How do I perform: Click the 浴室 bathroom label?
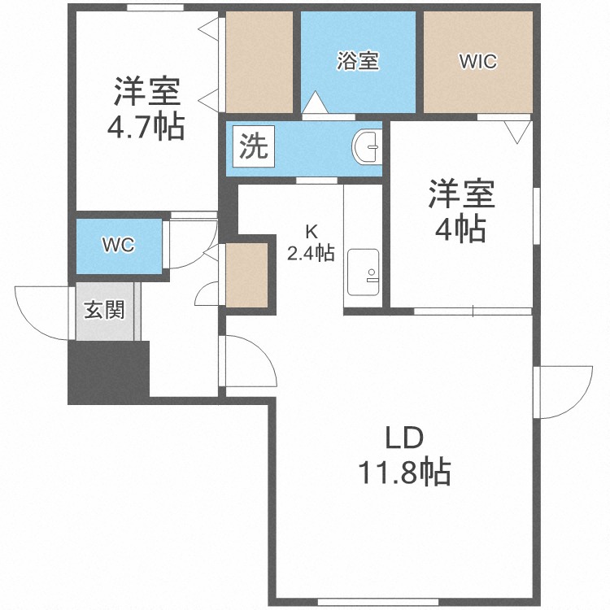pyautogui.click(x=358, y=61)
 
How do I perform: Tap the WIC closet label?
pyautogui.click(x=477, y=61)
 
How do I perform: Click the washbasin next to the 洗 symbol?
pyautogui.click(x=367, y=147)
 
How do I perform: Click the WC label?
pyautogui.click(x=118, y=245)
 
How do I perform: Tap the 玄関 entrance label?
pyautogui.click(x=106, y=310)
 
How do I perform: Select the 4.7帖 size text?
pyautogui.click(x=146, y=127)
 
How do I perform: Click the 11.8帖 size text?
pyautogui.click(x=403, y=472)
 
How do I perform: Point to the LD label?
pyautogui.click(x=403, y=439)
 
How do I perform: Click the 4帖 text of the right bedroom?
pyautogui.click(x=460, y=231)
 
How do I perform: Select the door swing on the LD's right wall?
pyautogui.click(x=562, y=391)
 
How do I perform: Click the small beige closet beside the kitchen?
pyautogui.click(x=246, y=275)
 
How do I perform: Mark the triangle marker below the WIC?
pyautogui.click(x=516, y=131)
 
